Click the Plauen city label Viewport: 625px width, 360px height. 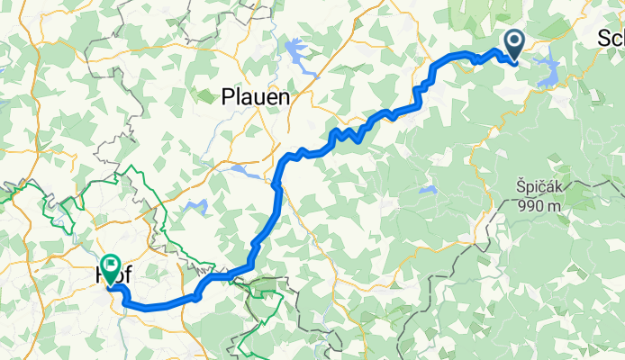point(255,96)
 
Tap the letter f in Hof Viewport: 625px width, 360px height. point(126,278)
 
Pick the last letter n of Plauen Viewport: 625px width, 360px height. point(283,96)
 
